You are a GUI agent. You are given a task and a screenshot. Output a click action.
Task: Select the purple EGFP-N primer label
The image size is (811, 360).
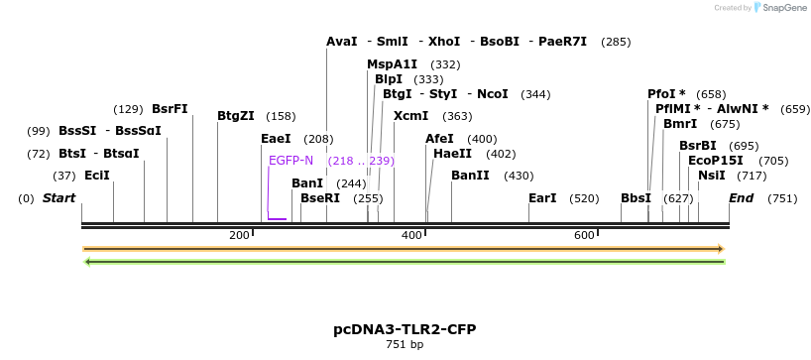[x=290, y=160]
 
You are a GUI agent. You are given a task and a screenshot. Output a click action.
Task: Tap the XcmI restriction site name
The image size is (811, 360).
[x=410, y=116]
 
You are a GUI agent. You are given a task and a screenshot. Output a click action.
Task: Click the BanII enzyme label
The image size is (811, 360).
[x=470, y=176]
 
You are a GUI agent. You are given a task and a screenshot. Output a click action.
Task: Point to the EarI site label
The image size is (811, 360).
[x=542, y=198]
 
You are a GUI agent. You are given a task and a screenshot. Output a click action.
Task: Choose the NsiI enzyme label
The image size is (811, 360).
[x=711, y=176]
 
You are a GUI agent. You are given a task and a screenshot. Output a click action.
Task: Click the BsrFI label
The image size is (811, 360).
[x=170, y=109]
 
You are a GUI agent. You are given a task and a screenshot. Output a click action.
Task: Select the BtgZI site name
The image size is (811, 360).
[x=236, y=116]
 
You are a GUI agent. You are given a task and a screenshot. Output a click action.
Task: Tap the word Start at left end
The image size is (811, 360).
[x=58, y=198]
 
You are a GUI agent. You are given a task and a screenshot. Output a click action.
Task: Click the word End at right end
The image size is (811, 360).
[x=742, y=198]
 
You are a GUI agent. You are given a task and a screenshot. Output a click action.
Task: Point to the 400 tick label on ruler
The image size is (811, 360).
[x=411, y=235]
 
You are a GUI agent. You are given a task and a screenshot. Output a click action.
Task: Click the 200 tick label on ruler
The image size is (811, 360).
[x=239, y=235]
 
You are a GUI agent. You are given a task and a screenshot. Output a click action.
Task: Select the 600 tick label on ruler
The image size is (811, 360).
[x=584, y=235]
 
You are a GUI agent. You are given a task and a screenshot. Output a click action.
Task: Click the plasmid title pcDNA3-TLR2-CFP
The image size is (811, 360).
[x=405, y=328]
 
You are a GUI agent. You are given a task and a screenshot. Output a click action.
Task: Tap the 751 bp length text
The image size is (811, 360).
[x=405, y=345]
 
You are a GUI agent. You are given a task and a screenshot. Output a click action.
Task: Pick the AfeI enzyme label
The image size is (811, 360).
[x=439, y=139]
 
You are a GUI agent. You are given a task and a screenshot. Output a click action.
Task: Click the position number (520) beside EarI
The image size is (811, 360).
[x=584, y=198]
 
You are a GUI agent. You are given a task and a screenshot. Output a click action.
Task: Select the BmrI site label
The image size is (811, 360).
[x=680, y=124]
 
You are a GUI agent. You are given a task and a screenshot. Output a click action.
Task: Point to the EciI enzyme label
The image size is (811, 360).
[x=97, y=176]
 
